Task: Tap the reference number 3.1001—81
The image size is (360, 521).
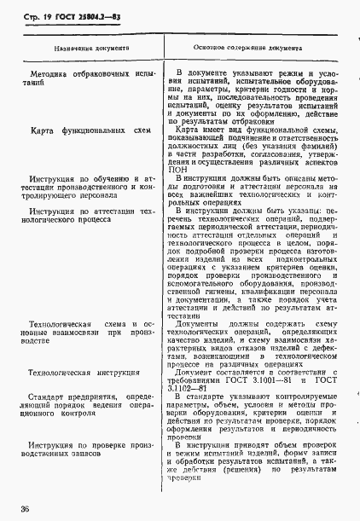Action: (269, 383)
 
